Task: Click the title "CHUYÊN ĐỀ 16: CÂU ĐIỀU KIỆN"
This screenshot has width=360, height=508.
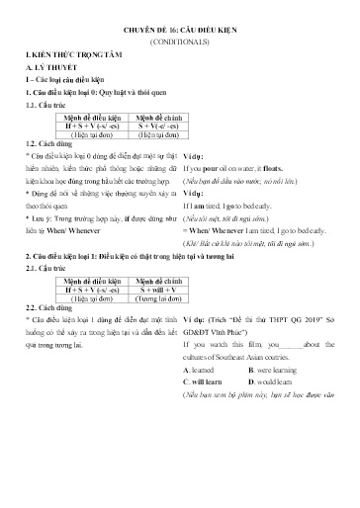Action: pos(179,32)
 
